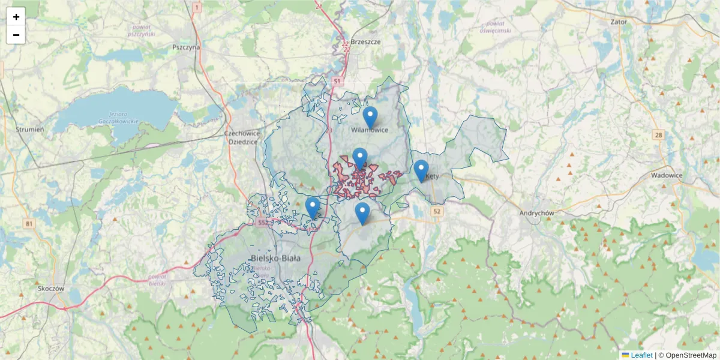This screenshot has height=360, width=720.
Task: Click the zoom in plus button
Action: tap(16, 17)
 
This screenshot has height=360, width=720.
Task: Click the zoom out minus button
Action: tap(16, 35)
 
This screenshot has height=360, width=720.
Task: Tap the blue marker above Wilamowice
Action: tap(370, 117)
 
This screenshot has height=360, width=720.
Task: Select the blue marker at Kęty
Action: tap(421, 170)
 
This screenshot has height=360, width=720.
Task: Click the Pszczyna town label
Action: tap(185, 47)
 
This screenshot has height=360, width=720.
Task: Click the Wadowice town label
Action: tap(667, 175)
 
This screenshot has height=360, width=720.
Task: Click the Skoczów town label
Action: tap(50, 288)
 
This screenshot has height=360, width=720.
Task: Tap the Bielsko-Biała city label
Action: tap(275, 258)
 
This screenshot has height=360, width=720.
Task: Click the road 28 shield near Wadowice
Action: tap(659, 136)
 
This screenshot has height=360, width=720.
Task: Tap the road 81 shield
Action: tap(29, 224)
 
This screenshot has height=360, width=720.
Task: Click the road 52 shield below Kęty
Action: tap(436, 211)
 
